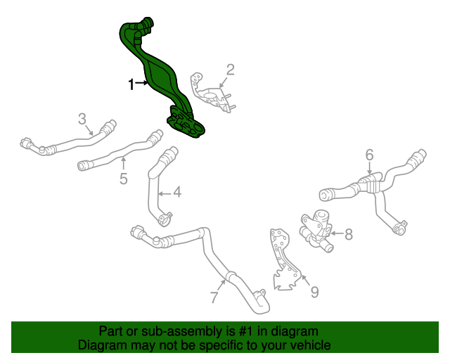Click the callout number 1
131,84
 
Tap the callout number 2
230,70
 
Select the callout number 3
82,118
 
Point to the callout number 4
177,191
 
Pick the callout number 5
123,179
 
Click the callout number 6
369,155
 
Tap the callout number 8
349,234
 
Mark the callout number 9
314,290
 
